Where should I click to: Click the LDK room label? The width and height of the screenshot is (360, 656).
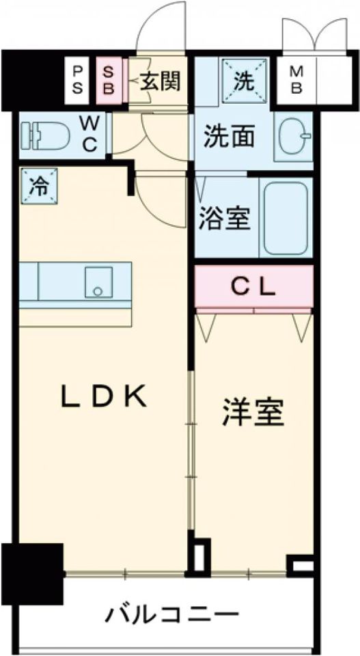click(x=104, y=396)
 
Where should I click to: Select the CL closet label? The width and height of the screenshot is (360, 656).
click(x=254, y=287)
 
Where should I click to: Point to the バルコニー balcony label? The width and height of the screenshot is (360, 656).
click(x=172, y=614)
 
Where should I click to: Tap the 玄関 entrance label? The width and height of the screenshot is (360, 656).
click(x=160, y=81)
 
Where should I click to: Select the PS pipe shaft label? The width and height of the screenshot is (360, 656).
click(x=78, y=81)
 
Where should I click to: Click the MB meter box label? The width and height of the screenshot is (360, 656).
click(x=296, y=81)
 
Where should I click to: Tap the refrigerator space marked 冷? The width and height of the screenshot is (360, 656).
click(x=39, y=186)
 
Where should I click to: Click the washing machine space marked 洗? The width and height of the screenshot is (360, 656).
click(x=244, y=81)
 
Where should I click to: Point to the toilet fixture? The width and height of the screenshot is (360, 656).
click(x=45, y=134)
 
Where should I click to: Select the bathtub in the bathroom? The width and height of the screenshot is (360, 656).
click(x=286, y=217)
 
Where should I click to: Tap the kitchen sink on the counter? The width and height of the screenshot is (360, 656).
click(x=98, y=282)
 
